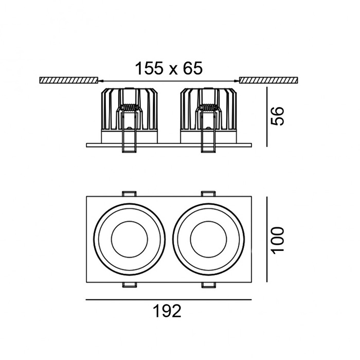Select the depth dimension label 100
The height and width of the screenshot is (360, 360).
click(278, 239)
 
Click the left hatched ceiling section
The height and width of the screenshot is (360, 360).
click(68, 80)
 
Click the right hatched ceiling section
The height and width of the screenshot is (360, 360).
click(268, 80)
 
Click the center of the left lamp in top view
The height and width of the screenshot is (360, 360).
click(129, 239)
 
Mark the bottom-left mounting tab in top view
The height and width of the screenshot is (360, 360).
click(129, 284)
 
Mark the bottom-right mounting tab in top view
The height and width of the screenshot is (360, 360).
click(209, 284)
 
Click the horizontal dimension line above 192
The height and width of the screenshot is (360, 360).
click(168, 299)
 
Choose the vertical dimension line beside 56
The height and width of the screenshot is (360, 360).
click(266, 117)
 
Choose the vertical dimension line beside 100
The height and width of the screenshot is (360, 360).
click(266, 239)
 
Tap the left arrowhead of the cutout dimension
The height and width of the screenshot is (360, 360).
click(100, 80)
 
